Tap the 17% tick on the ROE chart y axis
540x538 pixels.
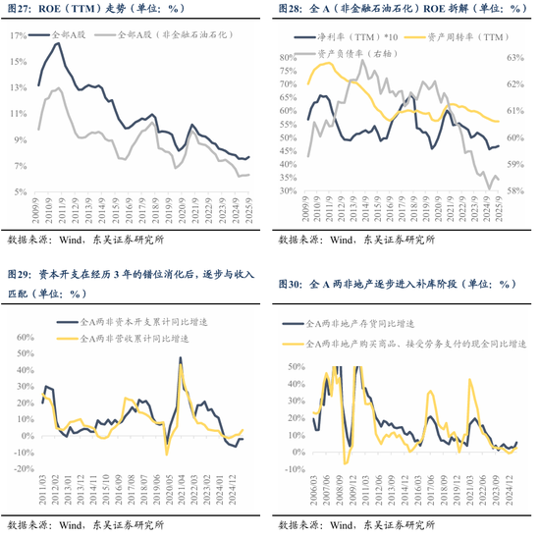click(18, 35)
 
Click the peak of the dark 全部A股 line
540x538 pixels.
click(58, 44)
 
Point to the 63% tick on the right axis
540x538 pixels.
click(517, 58)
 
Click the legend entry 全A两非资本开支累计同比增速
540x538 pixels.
click(136, 321)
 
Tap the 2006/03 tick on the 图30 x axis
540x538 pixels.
click(313, 477)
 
